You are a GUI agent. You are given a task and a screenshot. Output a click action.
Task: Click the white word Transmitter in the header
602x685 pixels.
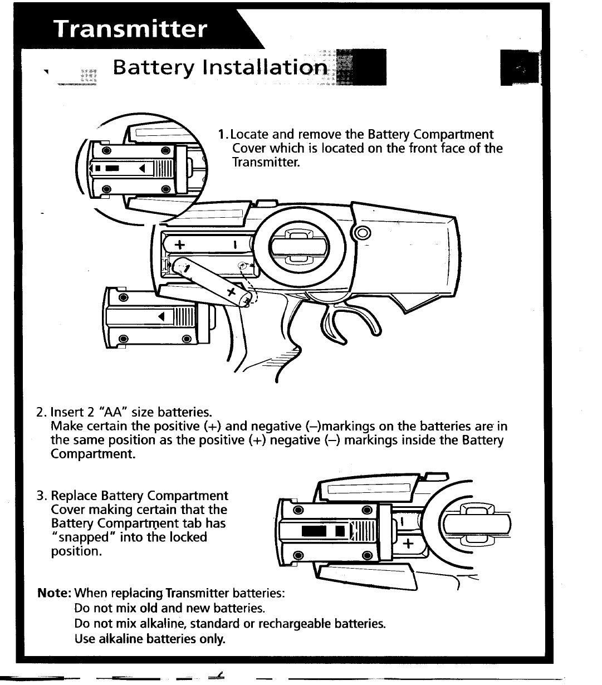point(130,28)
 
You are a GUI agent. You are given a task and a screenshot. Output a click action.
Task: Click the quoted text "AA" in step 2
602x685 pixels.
point(114,413)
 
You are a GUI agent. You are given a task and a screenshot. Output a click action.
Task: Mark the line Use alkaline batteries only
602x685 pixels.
point(149,639)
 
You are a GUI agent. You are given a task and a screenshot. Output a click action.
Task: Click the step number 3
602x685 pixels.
point(40,496)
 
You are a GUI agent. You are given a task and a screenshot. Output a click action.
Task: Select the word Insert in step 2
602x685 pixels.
point(67,413)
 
